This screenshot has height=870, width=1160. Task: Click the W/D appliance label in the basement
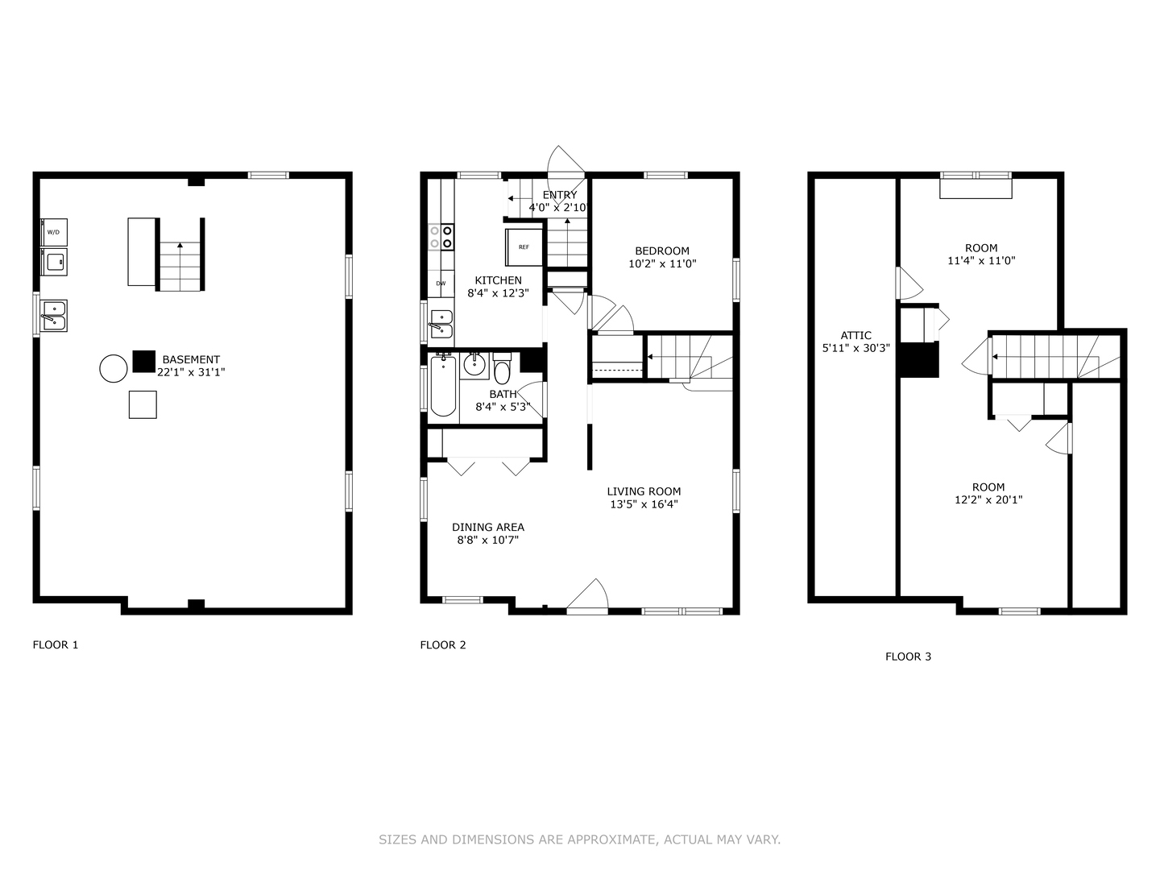[x=53, y=232]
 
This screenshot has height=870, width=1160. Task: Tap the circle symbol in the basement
[x=113, y=368]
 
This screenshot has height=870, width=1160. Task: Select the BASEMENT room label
[x=191, y=359]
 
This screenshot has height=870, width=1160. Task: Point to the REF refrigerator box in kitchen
[x=524, y=247]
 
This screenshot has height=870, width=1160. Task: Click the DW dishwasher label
[x=441, y=284]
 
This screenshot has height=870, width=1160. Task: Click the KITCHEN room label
[x=498, y=280]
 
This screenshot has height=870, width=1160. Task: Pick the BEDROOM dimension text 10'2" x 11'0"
[x=662, y=263]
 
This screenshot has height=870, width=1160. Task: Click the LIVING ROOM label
[x=644, y=491]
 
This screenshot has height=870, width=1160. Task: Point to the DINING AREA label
[x=487, y=527]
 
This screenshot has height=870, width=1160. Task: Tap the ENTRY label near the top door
[x=560, y=195]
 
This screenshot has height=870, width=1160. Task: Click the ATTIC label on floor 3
[x=855, y=335]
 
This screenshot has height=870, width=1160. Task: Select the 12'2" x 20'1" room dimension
[x=988, y=499]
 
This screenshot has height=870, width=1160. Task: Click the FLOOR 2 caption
[x=443, y=644]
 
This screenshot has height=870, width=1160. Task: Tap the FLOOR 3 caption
[x=908, y=657]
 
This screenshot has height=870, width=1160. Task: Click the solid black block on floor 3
[x=919, y=359]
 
